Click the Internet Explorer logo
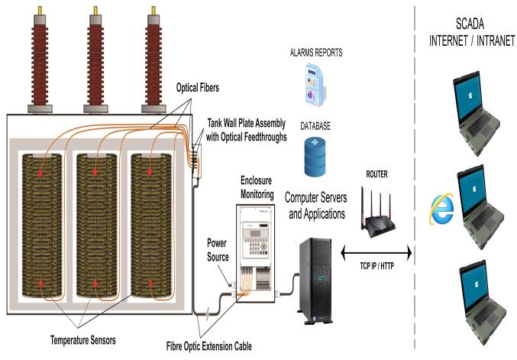click(440, 209)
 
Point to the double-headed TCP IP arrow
click(376, 251)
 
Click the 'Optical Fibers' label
click(198, 88)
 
